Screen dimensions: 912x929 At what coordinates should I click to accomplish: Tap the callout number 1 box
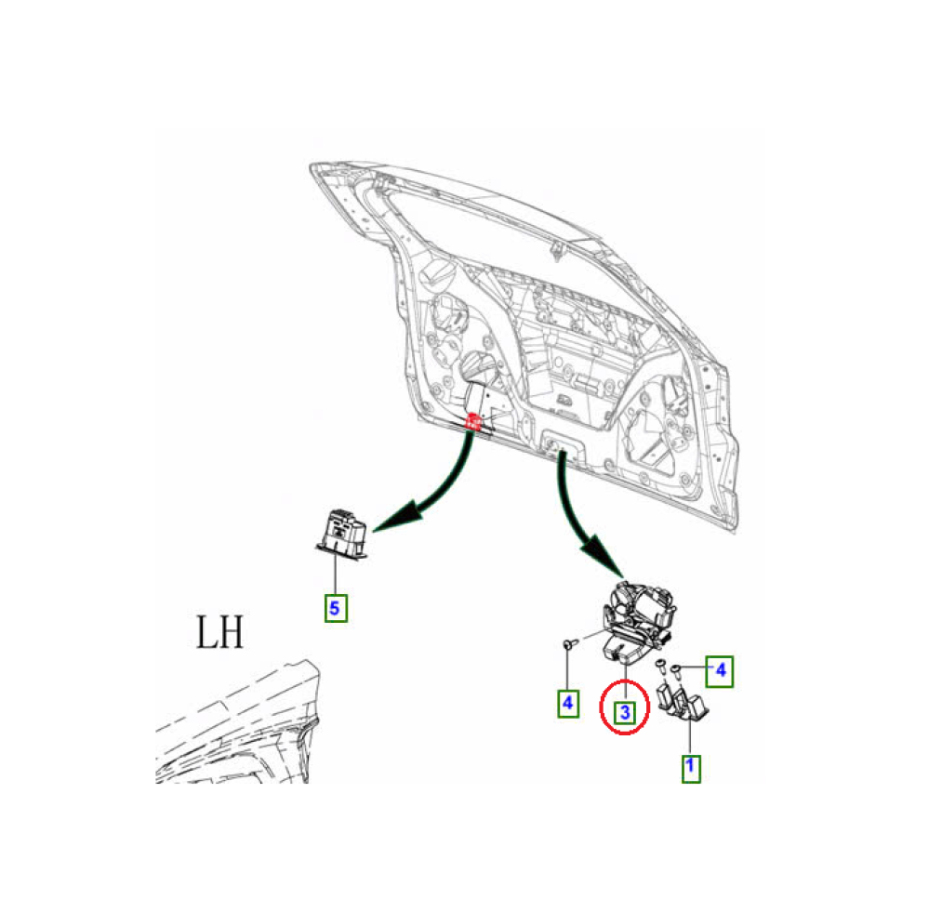tap(690, 768)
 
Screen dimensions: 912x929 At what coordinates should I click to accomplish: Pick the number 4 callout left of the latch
tap(567, 703)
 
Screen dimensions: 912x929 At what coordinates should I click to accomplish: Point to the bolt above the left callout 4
tap(568, 642)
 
